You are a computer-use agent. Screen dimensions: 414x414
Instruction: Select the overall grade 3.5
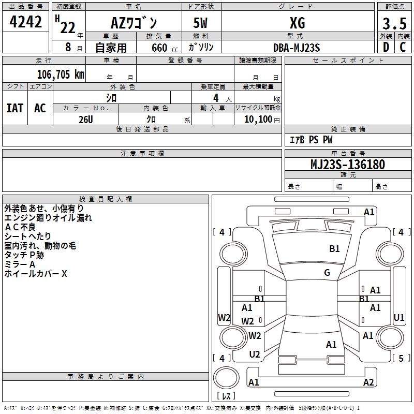point(393,24)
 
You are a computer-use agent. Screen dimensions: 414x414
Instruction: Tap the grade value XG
point(297,23)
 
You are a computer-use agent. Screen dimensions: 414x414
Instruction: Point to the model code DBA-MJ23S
point(297,48)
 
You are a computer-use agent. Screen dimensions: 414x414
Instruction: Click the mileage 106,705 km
point(61,74)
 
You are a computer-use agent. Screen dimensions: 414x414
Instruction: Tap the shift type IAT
point(14,108)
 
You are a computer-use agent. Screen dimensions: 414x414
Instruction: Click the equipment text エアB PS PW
point(310,140)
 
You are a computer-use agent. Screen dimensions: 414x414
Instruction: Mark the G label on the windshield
point(327,273)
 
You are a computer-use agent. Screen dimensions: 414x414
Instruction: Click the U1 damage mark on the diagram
point(399,317)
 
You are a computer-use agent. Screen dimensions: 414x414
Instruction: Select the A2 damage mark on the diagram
point(368,382)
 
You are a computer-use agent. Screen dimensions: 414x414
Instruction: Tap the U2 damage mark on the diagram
point(255,354)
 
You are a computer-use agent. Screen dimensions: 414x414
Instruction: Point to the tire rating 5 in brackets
point(401,358)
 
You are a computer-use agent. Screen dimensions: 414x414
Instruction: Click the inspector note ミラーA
point(20,264)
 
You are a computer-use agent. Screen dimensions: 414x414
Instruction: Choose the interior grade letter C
point(403,48)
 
